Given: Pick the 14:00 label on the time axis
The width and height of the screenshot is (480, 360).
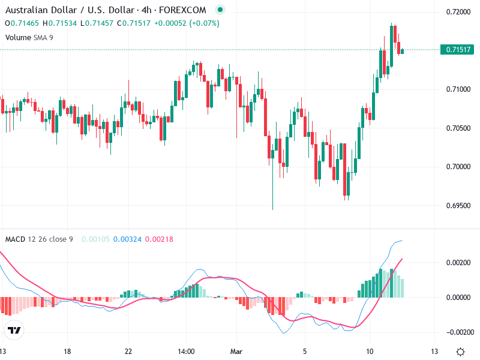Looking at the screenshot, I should (186, 351).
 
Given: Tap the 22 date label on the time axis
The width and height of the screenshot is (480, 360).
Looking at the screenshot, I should (128, 351).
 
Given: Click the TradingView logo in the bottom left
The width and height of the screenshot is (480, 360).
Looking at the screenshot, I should (14, 330).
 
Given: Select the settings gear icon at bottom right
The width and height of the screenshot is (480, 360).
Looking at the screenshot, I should (460, 352).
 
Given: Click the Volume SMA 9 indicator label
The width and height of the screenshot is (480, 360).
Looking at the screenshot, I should (28, 37).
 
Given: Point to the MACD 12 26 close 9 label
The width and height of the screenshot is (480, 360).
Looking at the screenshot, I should (39, 239).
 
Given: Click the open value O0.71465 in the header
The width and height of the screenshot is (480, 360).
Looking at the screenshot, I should (22, 23).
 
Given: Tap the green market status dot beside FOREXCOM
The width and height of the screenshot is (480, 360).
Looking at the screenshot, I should (221, 10).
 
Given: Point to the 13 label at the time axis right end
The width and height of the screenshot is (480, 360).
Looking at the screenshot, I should (434, 351).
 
